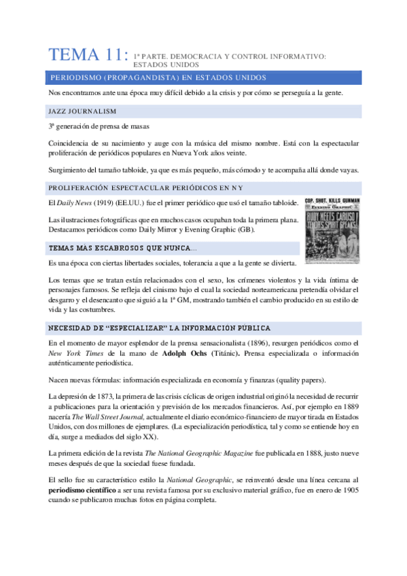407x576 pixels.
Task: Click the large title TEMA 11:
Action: pyautogui.click(x=88, y=56)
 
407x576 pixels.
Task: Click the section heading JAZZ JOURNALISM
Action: pyautogui.click(x=82, y=111)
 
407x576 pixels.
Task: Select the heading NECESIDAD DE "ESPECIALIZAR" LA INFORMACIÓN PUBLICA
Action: pyautogui.click(x=160, y=328)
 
